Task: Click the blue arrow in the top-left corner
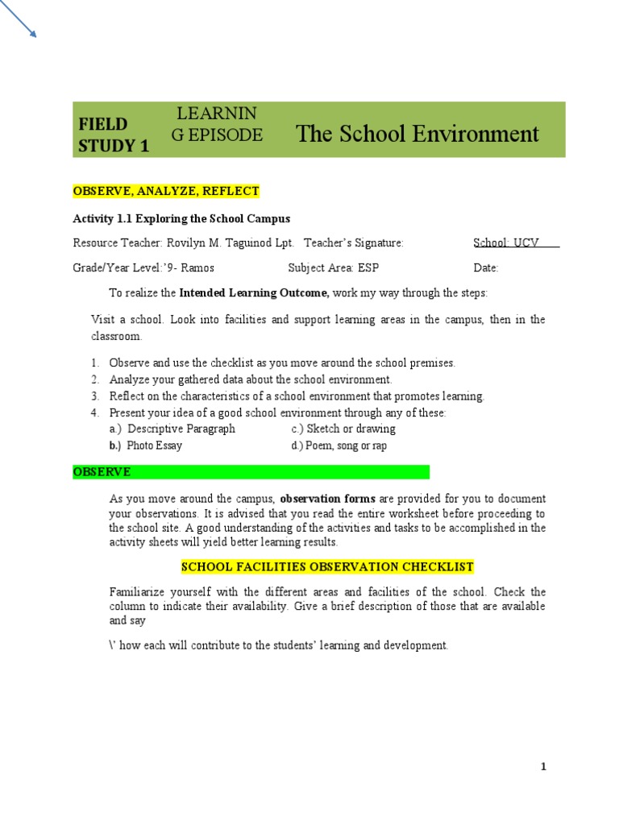point(19,19)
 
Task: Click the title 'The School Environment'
point(418,133)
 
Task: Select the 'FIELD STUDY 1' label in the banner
point(114,135)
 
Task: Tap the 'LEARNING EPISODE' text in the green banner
point(217,124)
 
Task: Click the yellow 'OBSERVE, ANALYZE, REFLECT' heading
point(166,191)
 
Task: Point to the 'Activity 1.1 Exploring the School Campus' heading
point(181,218)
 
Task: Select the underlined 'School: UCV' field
point(515,243)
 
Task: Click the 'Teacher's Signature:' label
point(353,243)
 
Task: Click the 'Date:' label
point(486,268)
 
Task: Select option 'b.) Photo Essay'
point(145,446)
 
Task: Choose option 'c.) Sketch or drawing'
point(343,429)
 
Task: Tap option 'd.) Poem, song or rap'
point(339,446)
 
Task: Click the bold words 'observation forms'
point(327,499)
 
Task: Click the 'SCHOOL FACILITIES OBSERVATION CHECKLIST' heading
point(327,566)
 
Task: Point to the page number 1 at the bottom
point(543,767)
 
